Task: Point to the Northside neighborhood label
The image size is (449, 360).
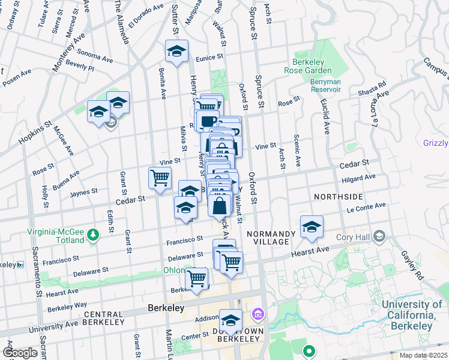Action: click(x=338, y=197)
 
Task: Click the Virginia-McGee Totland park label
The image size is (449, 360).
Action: click(x=56, y=236)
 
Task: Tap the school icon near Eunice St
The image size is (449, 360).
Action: click(x=176, y=52)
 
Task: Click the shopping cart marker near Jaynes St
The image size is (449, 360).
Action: click(x=160, y=178)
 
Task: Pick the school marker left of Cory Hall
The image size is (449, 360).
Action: click(x=312, y=226)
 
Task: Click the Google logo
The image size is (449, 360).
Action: click(x=20, y=352)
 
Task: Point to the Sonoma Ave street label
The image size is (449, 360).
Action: click(x=95, y=56)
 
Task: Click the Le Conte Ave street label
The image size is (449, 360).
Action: click(x=366, y=206)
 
